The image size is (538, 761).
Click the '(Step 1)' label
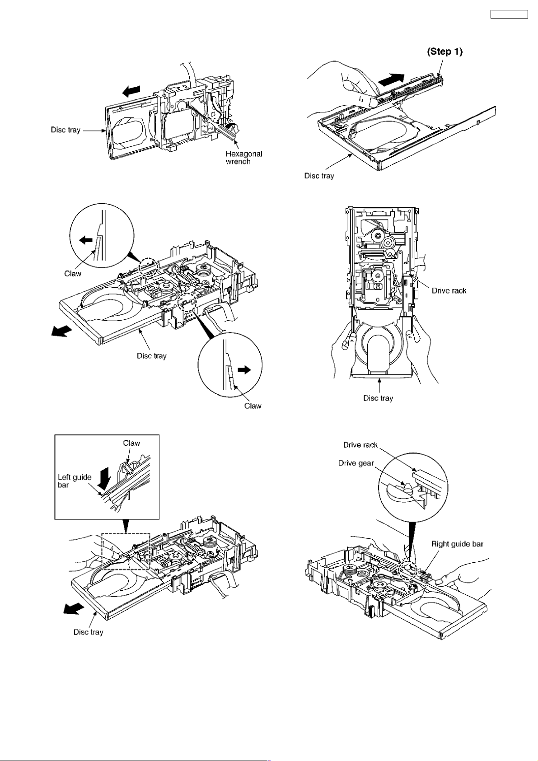(444, 51)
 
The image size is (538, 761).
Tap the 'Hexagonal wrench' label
(243, 158)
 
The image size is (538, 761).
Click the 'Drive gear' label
(356, 463)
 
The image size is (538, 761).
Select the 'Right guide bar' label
(457, 544)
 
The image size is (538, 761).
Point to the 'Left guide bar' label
(74, 481)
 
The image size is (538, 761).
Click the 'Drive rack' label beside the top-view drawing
(449, 290)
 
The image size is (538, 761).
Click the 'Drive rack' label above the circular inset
(360, 445)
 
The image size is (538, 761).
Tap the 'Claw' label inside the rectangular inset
(131, 443)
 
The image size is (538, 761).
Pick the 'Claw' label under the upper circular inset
(73, 273)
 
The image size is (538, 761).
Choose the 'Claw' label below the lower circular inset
(253, 406)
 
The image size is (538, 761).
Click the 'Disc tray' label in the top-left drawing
(65, 130)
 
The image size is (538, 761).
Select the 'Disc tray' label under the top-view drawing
(378, 398)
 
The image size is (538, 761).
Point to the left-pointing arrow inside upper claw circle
(86, 240)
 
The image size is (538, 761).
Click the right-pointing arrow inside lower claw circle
(243, 370)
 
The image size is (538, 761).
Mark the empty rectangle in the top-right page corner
(509, 14)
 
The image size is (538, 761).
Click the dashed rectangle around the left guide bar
(126, 551)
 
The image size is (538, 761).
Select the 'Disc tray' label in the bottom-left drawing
(88, 632)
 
